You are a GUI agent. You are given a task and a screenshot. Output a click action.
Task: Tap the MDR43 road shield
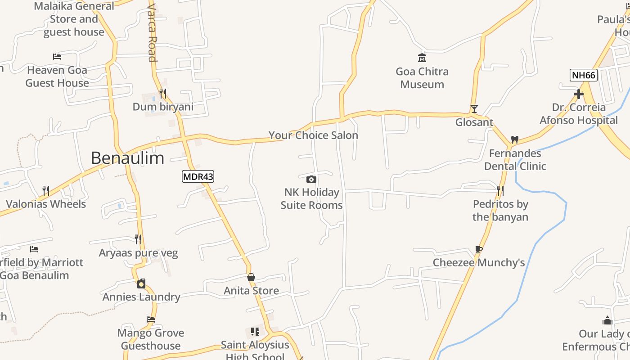click(198, 176)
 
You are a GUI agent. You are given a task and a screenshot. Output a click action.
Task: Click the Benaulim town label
click(127, 158)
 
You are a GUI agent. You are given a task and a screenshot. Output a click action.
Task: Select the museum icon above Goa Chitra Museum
click(422, 58)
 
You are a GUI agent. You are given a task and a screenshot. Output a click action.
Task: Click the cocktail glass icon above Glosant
click(474, 108)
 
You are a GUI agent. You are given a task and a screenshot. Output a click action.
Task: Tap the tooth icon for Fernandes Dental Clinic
click(515, 139)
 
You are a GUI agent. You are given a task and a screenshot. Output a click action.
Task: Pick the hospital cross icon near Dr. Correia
click(579, 94)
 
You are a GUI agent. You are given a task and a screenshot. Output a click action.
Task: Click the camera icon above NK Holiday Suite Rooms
click(311, 179)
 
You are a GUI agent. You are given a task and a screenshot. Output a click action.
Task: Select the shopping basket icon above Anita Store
click(251, 277)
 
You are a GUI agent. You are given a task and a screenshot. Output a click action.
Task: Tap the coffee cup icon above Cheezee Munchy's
click(479, 249)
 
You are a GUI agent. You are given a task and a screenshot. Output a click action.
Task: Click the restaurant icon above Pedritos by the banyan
click(500, 190)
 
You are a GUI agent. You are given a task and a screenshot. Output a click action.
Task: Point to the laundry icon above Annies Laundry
click(141, 283)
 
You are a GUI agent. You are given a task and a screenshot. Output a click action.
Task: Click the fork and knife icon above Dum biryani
click(163, 94)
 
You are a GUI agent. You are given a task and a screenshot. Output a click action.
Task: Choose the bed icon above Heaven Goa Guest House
click(57, 56)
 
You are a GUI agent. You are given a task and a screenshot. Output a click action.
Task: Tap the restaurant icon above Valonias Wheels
click(45, 190)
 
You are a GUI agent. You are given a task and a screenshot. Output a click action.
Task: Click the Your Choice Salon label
click(313, 135)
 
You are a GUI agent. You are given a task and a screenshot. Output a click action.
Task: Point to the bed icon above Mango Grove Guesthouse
click(151, 319)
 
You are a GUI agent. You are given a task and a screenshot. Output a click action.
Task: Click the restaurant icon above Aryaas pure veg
click(138, 239)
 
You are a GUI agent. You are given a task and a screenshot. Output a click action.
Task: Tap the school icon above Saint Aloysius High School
click(255, 332)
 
